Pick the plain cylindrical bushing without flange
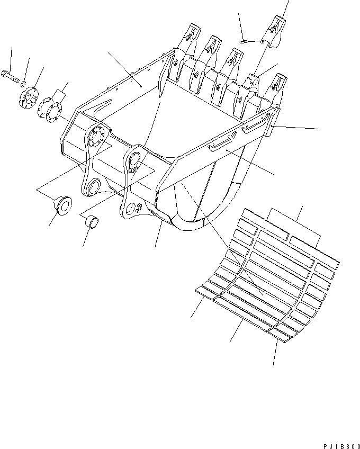pyautogui.click(x=92, y=221)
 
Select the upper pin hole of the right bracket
pyautogui.click(x=134, y=157)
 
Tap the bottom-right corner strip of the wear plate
pyautogui.click(x=283, y=333)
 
